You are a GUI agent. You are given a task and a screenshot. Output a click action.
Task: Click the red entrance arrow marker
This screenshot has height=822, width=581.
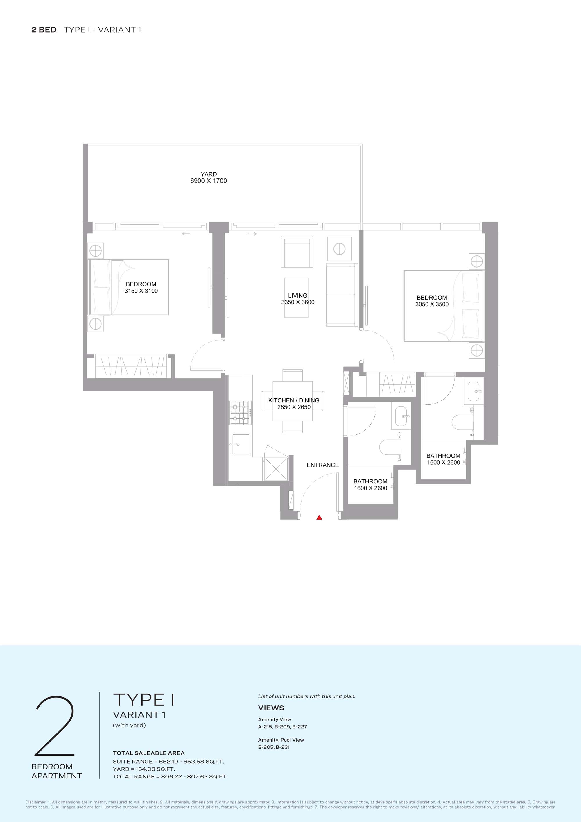tap(319, 517)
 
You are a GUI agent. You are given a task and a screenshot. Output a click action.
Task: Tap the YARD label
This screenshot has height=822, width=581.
tap(209, 174)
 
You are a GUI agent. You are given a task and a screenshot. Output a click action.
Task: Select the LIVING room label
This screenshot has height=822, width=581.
tap(298, 296)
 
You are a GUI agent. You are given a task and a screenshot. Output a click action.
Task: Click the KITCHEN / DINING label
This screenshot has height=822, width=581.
tap(294, 400)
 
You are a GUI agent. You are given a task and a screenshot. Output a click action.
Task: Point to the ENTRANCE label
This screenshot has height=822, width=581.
tap(322, 465)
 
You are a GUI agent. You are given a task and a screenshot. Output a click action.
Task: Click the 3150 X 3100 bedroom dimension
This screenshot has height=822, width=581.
tap(141, 291)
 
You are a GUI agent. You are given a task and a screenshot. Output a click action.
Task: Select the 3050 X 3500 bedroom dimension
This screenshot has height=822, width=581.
tap(432, 304)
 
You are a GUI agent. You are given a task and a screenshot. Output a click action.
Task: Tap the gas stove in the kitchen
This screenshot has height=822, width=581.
tap(240, 413)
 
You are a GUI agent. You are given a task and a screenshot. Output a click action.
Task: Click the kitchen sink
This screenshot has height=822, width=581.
tap(241, 444)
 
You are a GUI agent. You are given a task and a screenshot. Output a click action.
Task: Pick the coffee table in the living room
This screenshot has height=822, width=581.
tap(296, 298)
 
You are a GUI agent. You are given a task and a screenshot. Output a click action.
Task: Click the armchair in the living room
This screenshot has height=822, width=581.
tap(297, 252)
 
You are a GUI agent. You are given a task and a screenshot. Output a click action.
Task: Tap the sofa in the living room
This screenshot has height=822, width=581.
tap(342, 295)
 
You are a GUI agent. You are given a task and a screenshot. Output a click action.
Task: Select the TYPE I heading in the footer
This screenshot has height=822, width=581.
tap(144, 700)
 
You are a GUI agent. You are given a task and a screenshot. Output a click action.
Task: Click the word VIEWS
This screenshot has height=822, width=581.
tap(271, 708)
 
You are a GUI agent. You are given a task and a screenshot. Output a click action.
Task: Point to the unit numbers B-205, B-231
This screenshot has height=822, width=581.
tap(274, 747)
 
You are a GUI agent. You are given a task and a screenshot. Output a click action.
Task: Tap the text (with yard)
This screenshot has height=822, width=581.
tap(129, 725)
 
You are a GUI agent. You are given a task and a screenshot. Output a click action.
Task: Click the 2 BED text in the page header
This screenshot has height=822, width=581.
tap(44, 30)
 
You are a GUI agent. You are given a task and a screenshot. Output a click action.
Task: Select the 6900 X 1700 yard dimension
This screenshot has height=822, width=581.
tap(209, 181)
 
